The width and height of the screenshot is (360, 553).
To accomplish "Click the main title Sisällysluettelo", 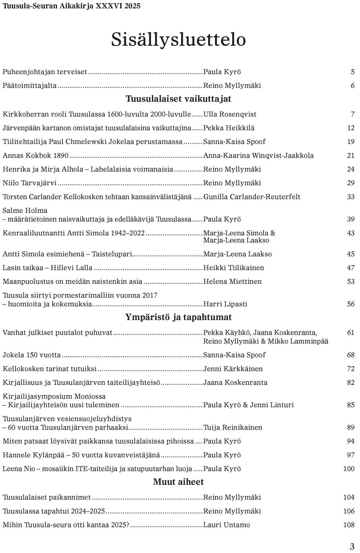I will [178, 40].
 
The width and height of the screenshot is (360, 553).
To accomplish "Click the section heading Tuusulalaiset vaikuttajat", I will [178, 99].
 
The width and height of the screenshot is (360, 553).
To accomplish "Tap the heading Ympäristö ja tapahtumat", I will [178, 317].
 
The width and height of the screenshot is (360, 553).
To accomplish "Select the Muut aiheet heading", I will [178, 482].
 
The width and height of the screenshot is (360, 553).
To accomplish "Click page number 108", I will [348, 525].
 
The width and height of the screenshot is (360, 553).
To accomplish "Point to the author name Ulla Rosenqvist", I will [230, 114].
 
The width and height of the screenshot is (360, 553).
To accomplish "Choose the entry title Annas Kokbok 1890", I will [35, 155].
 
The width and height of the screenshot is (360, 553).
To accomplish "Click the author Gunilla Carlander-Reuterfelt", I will [252, 197].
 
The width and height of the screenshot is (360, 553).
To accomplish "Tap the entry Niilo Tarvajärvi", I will [30, 183].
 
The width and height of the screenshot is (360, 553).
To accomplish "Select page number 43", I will [351, 233].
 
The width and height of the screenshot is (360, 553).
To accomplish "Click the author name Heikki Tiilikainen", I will [233, 268].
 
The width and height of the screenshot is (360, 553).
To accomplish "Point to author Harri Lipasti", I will [225, 304].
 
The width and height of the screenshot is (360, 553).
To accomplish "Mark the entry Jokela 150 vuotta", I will [32, 355].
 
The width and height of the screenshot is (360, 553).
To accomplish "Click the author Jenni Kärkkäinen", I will [233, 369].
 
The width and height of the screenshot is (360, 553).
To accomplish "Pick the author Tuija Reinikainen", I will [233, 427].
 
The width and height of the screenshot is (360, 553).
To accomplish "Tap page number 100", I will [348, 469].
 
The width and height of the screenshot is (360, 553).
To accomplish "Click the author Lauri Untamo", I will [226, 525].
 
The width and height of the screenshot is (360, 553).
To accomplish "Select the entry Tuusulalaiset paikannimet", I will [46, 497].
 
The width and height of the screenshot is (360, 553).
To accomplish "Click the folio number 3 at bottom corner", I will [352, 546].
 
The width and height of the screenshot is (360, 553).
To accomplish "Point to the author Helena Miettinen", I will [232, 281].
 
